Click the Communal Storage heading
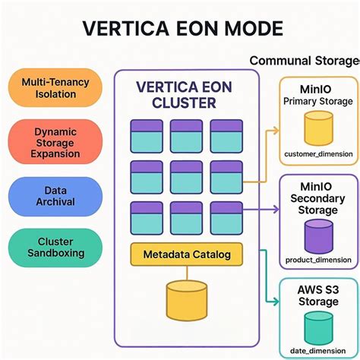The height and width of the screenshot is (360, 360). pyautogui.click(x=304, y=60)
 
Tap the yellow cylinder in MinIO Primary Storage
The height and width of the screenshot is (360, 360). pyautogui.click(x=318, y=128)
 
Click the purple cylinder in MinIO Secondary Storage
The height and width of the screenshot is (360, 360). pyautogui.click(x=318, y=235)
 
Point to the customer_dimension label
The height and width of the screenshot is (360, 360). pyautogui.click(x=318, y=154)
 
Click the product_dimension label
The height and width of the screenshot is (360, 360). pyautogui.click(x=318, y=261)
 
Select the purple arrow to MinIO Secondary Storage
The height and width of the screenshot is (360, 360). pyautogui.click(x=262, y=208)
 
